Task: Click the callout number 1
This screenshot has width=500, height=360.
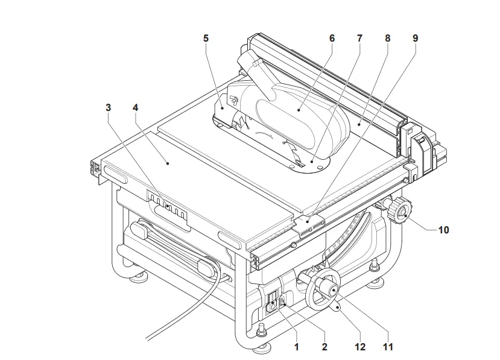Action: [x=296, y=347]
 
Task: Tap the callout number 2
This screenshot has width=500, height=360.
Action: [x=324, y=347]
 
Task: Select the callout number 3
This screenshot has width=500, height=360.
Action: [x=108, y=107]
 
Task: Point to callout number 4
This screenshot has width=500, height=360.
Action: [x=136, y=107]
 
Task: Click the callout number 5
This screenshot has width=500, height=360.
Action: [x=206, y=38]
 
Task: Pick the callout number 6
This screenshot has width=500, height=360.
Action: [x=332, y=38]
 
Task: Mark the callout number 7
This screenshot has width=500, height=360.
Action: [x=359, y=38]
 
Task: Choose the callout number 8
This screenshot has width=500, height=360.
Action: [x=387, y=38]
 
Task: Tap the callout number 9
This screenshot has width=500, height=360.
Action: [x=415, y=38]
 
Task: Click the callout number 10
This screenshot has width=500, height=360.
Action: [x=443, y=230]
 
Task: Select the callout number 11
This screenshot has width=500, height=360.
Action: [x=388, y=347]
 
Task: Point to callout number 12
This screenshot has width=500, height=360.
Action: [x=360, y=347]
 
